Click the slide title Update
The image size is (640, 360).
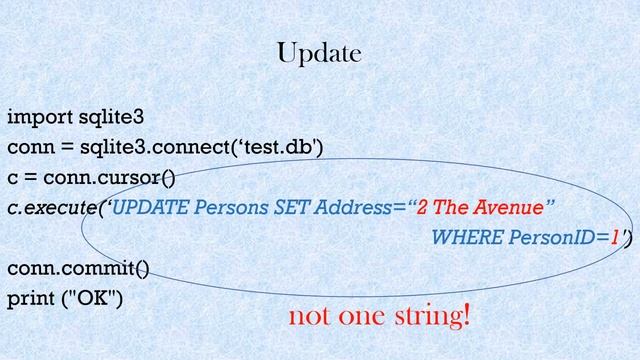(319, 53)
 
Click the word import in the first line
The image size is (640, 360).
(35, 117)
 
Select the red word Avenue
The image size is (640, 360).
(514, 208)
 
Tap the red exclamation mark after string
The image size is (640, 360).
(466, 317)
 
